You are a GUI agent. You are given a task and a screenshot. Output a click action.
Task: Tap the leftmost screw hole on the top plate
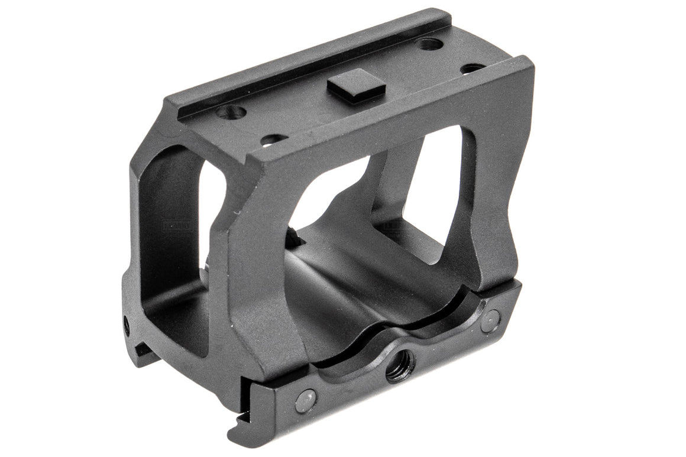point(231,111)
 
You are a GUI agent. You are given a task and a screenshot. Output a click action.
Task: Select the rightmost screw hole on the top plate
point(473,69)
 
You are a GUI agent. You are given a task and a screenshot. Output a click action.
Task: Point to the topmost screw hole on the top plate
point(429,43)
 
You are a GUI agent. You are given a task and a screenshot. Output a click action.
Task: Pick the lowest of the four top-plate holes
point(274,140)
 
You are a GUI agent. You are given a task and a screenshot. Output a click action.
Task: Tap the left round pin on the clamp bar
point(305,400)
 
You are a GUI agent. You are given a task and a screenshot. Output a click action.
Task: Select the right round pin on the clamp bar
point(490,321)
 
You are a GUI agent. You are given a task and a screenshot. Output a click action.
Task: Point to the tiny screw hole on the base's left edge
point(127,323)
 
